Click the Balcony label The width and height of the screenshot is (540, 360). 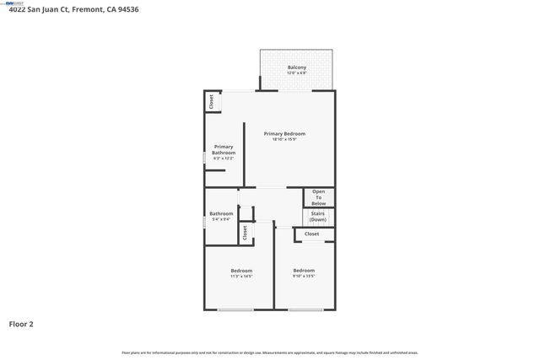[x=296, y=67]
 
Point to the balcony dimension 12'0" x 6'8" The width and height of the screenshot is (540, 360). [x=296, y=73]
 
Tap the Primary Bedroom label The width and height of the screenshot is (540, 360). [x=283, y=134]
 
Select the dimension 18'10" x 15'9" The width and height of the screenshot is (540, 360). [x=283, y=140]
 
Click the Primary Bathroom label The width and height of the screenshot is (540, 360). [x=224, y=149]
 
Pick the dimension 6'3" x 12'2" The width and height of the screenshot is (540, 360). [x=224, y=159]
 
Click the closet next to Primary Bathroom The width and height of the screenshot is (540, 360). [x=211, y=101]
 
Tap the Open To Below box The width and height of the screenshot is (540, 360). [x=319, y=197]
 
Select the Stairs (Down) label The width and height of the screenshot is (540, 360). [x=318, y=217]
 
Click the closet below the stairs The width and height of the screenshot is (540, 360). [x=312, y=234]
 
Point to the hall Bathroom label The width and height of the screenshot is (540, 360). [x=221, y=213]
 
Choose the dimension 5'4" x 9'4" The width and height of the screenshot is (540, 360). [x=221, y=220]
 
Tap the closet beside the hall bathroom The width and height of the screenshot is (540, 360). [x=245, y=233]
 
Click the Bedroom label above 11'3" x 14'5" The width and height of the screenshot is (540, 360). [x=241, y=271]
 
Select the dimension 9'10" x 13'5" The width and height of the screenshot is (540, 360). [x=304, y=277]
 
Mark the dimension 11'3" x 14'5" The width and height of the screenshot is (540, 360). [x=241, y=277]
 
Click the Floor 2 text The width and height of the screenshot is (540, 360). [x=22, y=323]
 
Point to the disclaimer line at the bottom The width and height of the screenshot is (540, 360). [x=269, y=352]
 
